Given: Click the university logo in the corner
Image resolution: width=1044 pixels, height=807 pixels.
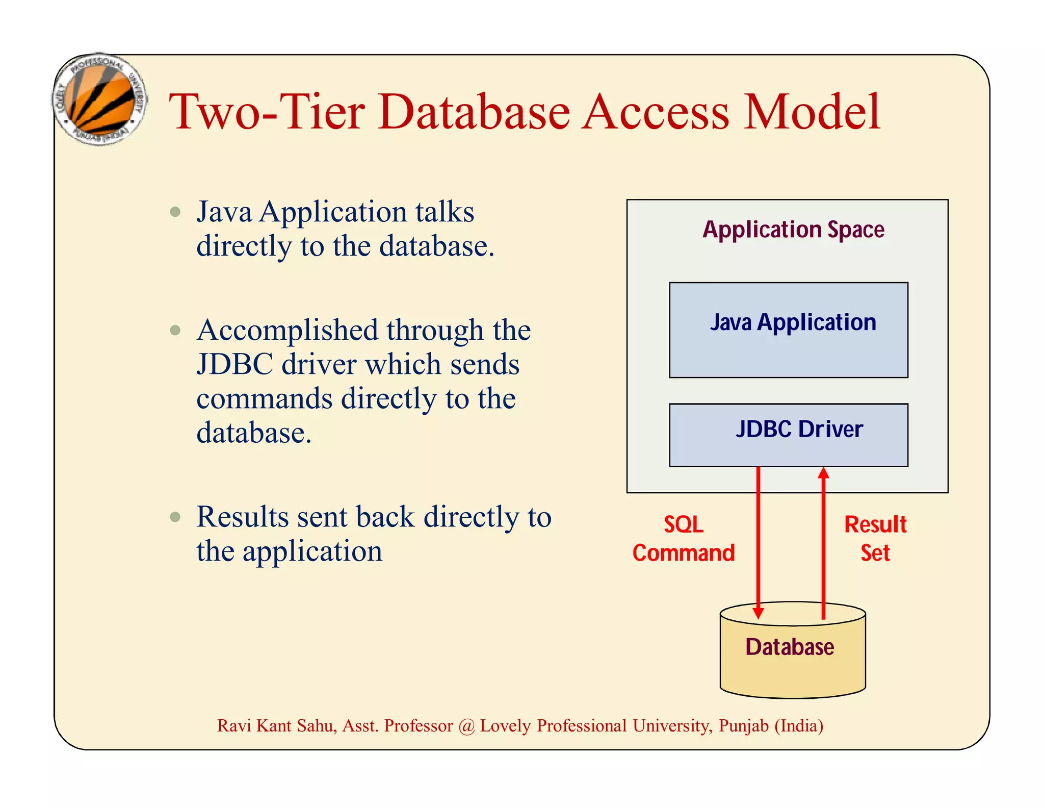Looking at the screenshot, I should (100, 99).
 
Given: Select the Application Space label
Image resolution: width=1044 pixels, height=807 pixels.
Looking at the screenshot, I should (793, 230).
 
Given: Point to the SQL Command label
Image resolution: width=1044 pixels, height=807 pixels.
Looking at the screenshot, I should (684, 539).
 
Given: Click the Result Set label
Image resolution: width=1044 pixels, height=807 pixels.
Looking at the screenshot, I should (875, 539).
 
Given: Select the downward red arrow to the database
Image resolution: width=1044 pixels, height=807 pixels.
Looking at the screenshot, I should (758, 541).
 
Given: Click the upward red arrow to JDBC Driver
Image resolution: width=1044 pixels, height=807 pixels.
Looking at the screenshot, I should (823, 541).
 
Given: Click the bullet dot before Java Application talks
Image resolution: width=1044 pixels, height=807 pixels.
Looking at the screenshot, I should (175, 212).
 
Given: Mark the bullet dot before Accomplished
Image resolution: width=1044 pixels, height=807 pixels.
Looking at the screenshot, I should (175, 330).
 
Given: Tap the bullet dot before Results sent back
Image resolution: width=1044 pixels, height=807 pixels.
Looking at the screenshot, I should (175, 517).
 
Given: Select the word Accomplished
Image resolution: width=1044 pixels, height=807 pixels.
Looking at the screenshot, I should (287, 331).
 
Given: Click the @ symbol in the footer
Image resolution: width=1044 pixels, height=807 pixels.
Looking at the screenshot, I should (466, 726).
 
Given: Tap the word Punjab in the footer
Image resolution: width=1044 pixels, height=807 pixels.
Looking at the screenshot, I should (743, 726).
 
